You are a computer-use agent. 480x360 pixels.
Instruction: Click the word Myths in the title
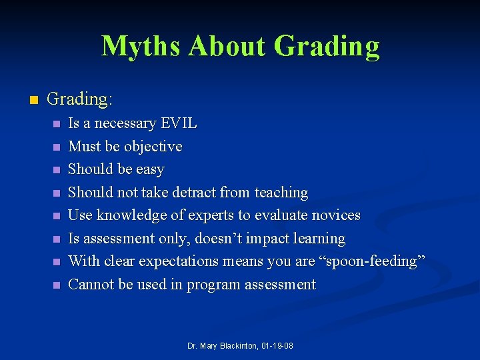point(141,46)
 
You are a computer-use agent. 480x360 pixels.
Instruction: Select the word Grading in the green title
point(327,46)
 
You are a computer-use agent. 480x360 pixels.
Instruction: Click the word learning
point(319,239)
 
